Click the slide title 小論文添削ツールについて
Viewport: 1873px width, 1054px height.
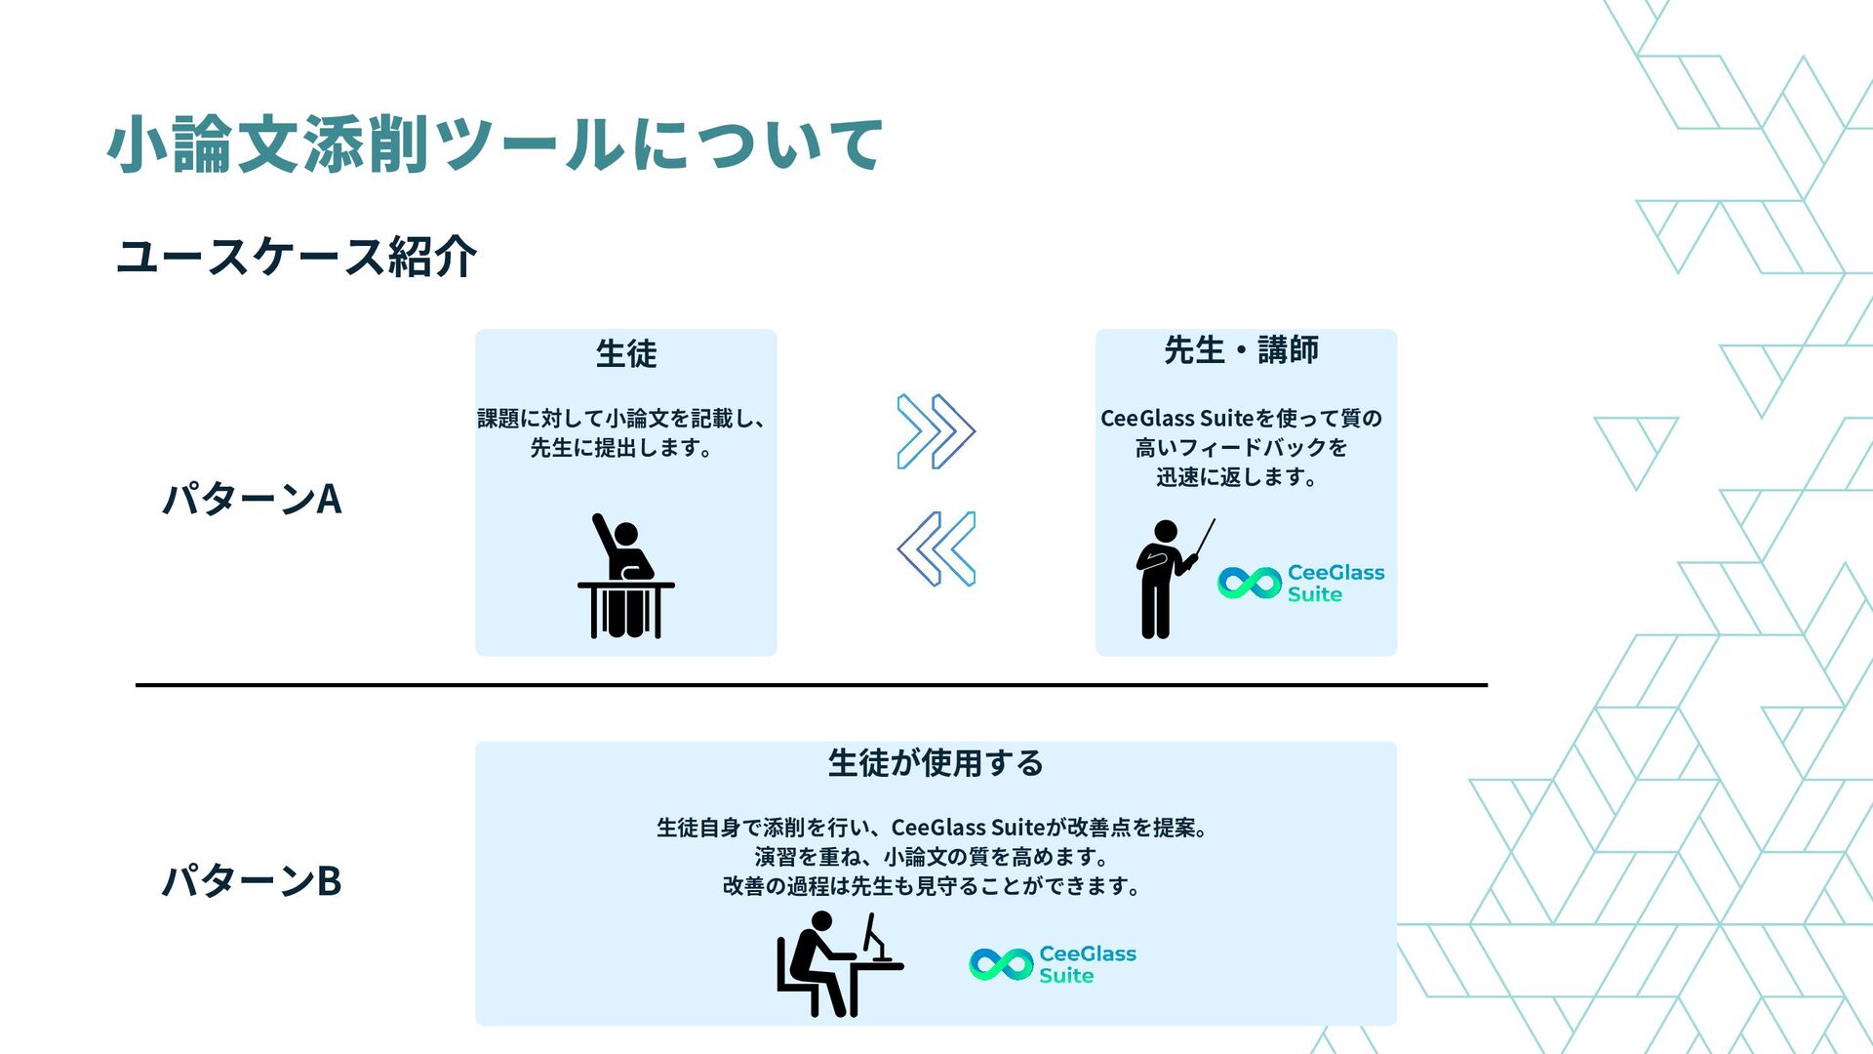(495, 144)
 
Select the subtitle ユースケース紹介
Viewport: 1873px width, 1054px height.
(296, 257)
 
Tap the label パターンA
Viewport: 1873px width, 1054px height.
(252, 499)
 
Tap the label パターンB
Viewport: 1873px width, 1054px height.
(252, 880)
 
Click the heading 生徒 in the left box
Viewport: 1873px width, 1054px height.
(626, 353)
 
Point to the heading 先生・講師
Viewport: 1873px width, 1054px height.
(1241, 349)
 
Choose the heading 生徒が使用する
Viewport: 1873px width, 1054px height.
(936, 762)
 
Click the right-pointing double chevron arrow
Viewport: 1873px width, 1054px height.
(936, 431)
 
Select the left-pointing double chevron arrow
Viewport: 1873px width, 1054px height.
(936, 548)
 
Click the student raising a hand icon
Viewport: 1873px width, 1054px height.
(626, 578)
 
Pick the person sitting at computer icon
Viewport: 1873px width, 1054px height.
(837, 964)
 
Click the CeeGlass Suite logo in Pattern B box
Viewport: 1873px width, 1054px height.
(1053, 964)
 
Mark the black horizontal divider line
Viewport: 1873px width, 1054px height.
(811, 685)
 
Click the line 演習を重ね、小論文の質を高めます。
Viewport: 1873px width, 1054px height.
(934, 857)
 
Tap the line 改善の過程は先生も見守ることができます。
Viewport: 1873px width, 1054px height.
(932, 886)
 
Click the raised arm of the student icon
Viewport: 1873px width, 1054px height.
(605, 534)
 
